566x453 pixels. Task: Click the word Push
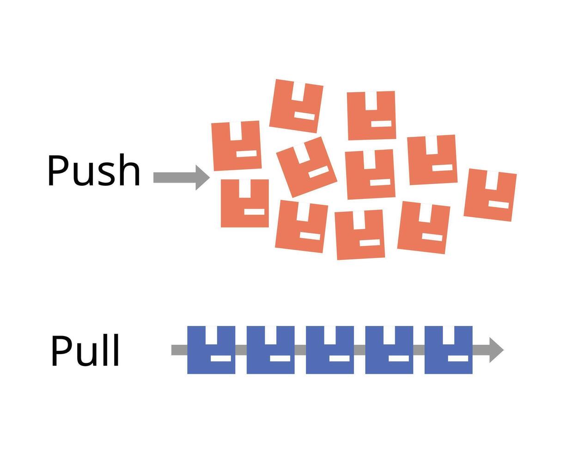(x=93, y=170)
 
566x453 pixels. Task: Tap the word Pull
(x=85, y=351)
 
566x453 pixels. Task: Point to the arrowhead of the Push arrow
(x=202, y=178)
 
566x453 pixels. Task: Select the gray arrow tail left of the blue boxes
(x=179, y=350)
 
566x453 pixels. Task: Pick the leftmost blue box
(x=211, y=350)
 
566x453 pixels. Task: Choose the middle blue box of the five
(x=330, y=350)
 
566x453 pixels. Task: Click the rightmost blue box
(x=448, y=350)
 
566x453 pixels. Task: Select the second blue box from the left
(x=270, y=350)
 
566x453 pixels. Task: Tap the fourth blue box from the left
(x=389, y=350)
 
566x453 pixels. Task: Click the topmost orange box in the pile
(x=296, y=106)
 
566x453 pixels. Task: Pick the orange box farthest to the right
(x=490, y=195)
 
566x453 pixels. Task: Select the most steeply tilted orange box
(x=306, y=167)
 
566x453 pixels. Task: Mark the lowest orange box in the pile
(x=360, y=234)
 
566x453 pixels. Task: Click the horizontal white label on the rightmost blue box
(x=458, y=358)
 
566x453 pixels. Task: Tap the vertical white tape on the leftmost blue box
(x=211, y=335)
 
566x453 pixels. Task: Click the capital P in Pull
(x=61, y=351)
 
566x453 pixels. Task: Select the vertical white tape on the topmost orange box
(x=298, y=92)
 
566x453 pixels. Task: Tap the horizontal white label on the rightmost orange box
(x=499, y=204)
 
